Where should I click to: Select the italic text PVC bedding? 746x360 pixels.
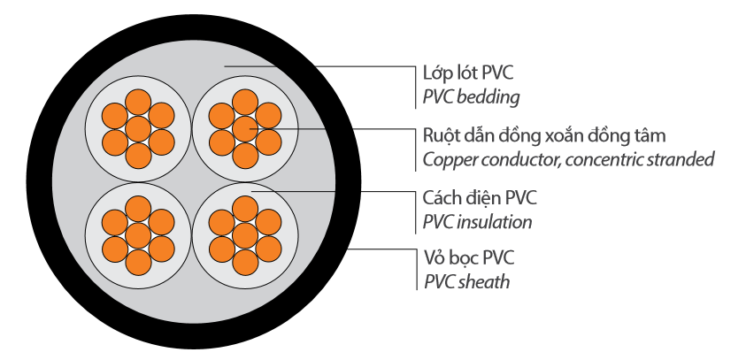(471, 96)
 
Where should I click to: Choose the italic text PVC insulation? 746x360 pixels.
(478, 220)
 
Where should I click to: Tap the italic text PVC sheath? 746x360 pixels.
(466, 281)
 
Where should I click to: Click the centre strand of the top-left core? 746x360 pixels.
(137, 129)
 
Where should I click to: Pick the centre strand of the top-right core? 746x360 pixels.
(245, 129)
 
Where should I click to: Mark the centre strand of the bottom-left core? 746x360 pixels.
(137, 234)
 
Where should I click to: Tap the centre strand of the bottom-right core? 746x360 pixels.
(245, 234)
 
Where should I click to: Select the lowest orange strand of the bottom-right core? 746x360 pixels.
(245, 262)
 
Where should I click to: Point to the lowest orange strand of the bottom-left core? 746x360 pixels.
(137, 262)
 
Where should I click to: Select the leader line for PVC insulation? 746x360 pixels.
(336, 189)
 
